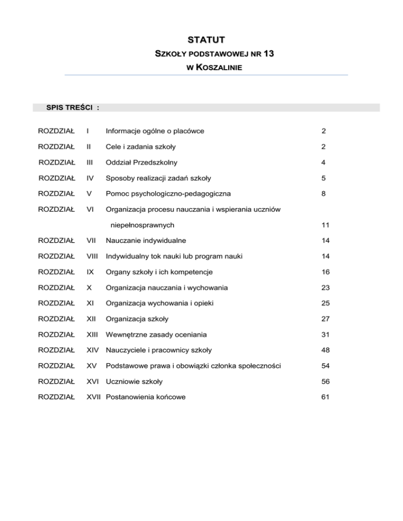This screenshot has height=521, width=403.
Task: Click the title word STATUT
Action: point(206,40)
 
